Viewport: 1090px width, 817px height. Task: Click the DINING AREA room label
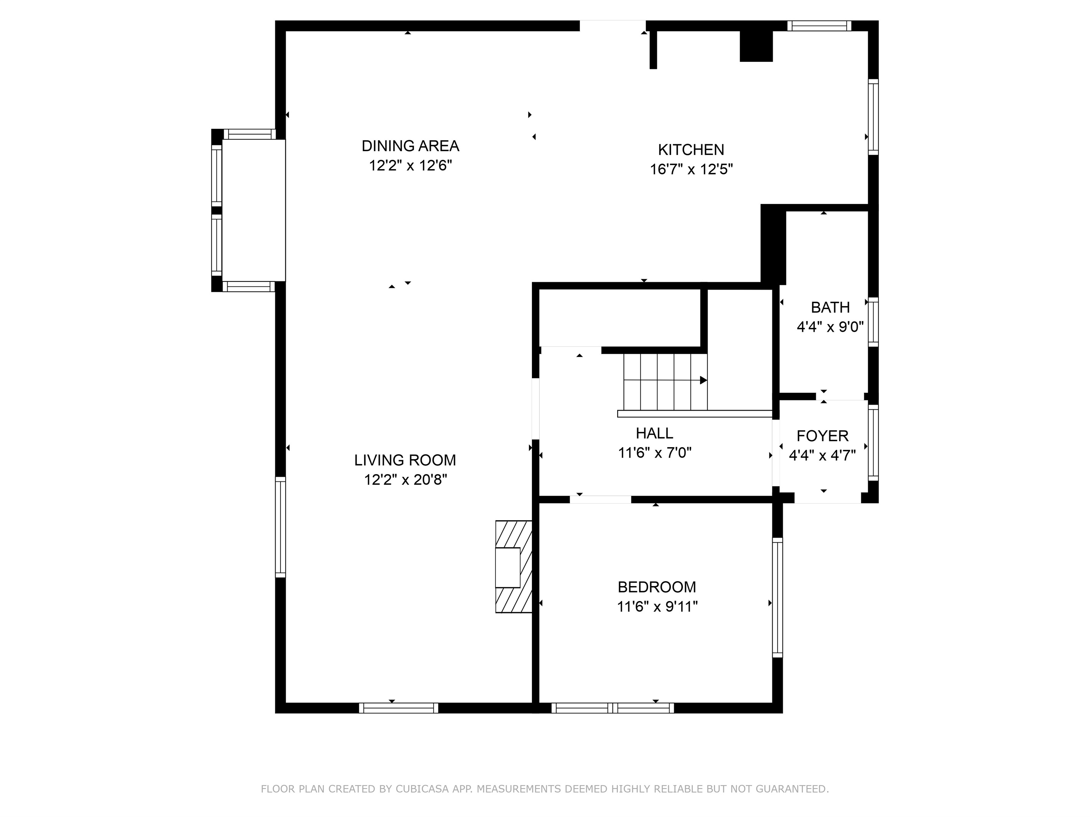[x=410, y=146]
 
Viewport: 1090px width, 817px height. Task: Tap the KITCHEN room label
[x=691, y=150]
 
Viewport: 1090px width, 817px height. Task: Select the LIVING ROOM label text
[x=405, y=460]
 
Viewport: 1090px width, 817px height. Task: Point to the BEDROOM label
[x=657, y=587]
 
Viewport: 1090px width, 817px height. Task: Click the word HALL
[x=654, y=433]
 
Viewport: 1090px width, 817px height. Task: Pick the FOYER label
[x=822, y=436]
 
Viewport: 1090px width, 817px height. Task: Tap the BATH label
[x=830, y=307]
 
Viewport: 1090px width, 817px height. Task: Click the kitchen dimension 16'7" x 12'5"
[x=691, y=170]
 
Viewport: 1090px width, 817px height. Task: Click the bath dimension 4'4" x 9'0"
[x=830, y=327]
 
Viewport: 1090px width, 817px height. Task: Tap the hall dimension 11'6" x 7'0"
[x=655, y=453]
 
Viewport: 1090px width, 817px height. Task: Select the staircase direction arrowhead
[x=704, y=380]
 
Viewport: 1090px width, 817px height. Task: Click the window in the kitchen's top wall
[x=819, y=26]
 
